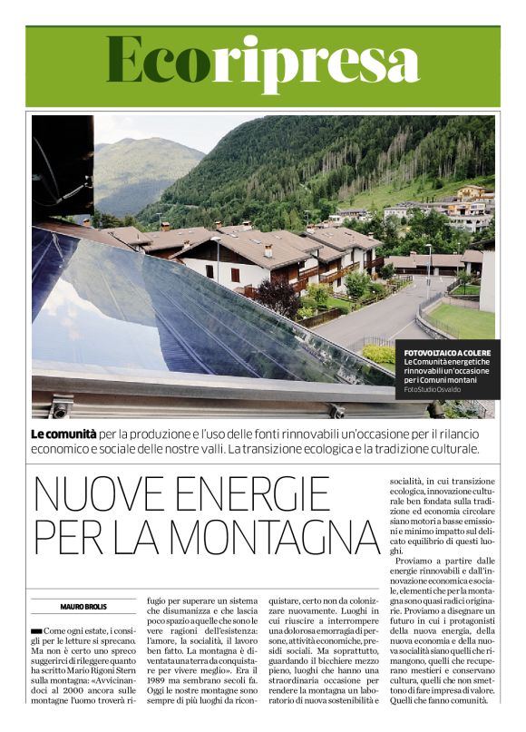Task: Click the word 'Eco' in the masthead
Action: pyautogui.click(x=158, y=61)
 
